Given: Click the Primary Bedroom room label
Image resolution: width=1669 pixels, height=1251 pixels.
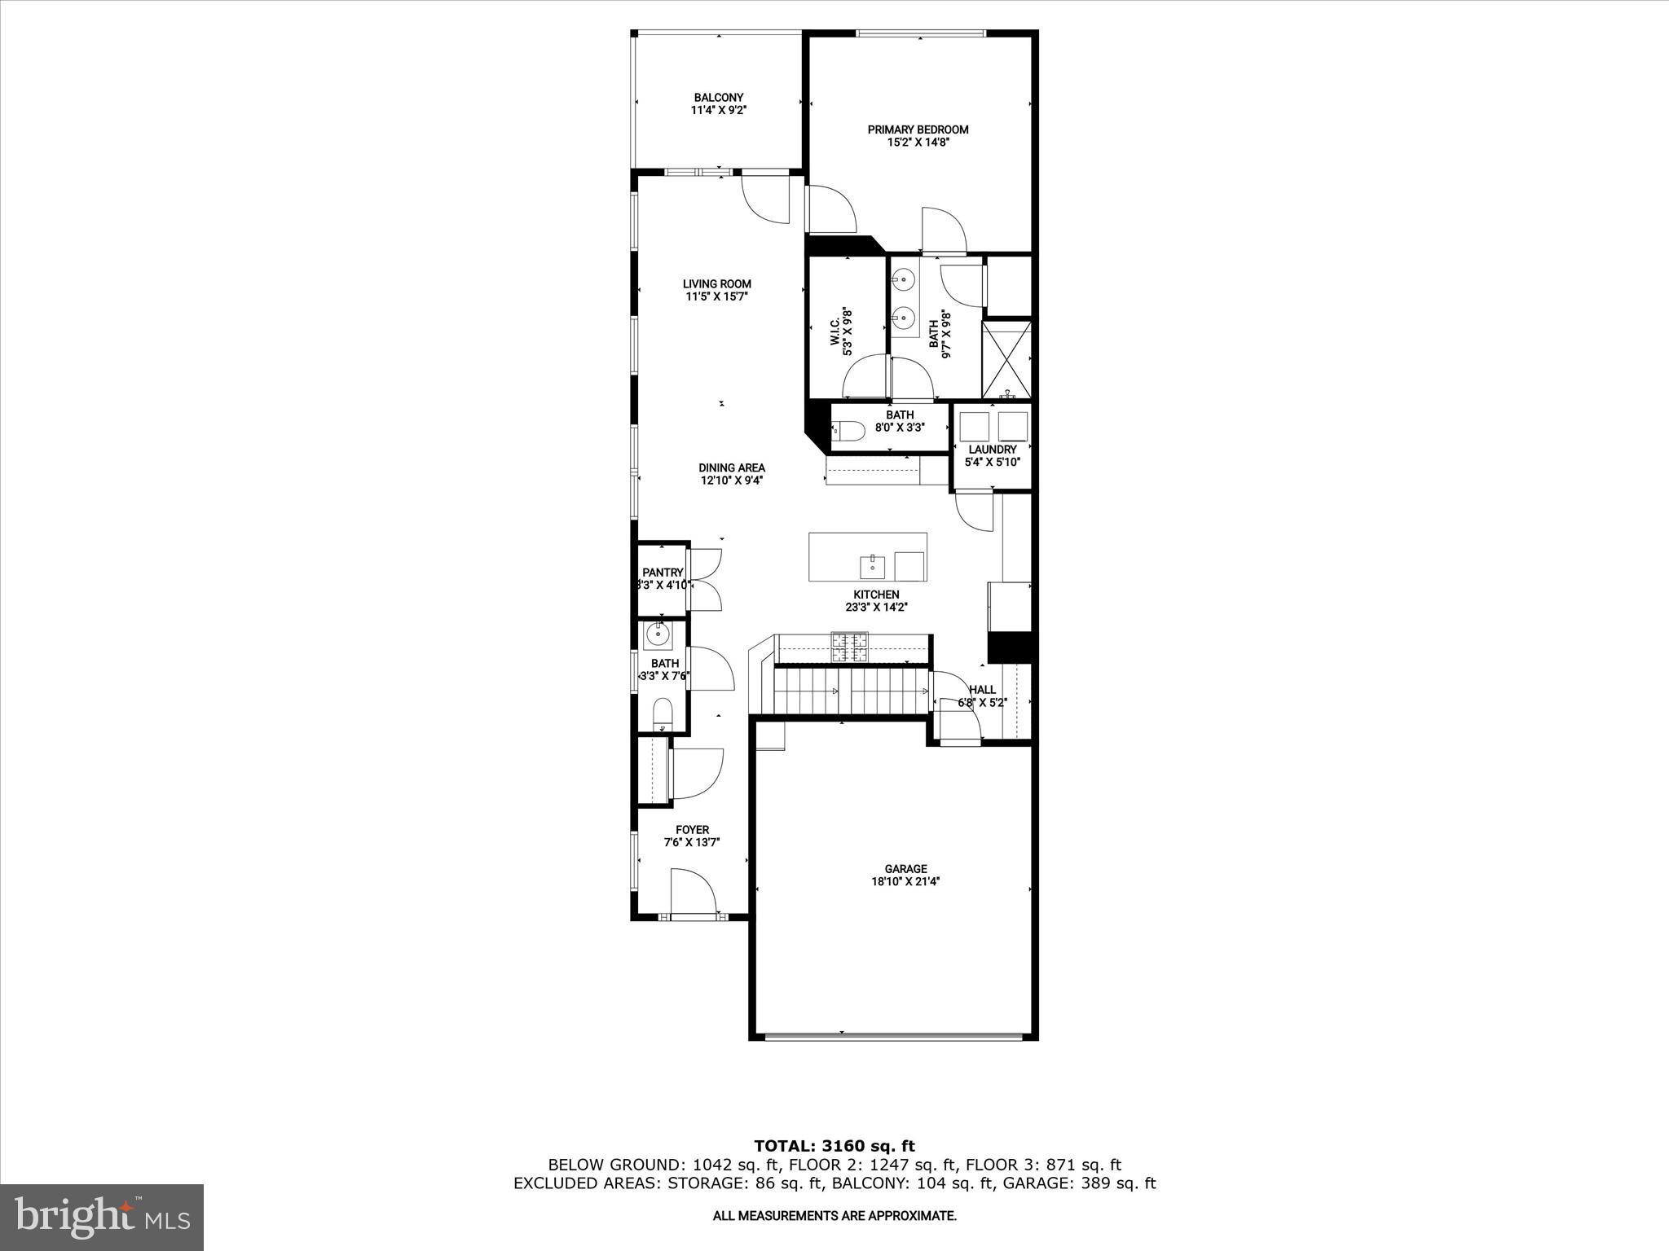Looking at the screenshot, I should coord(918,129).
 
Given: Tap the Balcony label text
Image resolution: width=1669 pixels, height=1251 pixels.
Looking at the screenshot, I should coord(718,98).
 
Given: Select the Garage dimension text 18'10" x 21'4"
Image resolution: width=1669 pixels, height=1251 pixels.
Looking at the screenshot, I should coord(906,881).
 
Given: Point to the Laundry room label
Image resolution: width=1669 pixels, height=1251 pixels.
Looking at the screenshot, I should coord(992,450).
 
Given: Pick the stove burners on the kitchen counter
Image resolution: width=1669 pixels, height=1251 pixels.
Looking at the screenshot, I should coord(850,648).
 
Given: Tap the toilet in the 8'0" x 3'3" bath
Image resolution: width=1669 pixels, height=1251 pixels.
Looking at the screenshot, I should coord(848,431).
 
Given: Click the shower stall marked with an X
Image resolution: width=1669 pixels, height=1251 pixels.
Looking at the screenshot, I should coord(1007,359).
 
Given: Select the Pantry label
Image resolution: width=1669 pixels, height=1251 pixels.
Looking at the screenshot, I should coord(662,573).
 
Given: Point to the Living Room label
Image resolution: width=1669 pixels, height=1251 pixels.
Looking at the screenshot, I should coord(717,284).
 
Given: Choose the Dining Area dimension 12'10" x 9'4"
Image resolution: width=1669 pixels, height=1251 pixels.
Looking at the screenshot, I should coord(732,481).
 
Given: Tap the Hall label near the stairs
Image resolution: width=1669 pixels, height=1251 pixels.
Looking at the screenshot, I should coord(982,690).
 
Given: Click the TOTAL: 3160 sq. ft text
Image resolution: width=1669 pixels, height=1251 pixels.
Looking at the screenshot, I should coord(834,1147).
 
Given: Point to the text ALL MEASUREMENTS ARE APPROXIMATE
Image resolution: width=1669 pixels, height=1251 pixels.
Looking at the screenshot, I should coord(834,1216).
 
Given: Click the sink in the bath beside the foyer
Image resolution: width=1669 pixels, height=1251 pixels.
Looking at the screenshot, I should coord(657,633).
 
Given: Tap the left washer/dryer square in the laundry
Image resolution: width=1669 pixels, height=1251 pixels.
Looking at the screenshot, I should coord(974,426).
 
